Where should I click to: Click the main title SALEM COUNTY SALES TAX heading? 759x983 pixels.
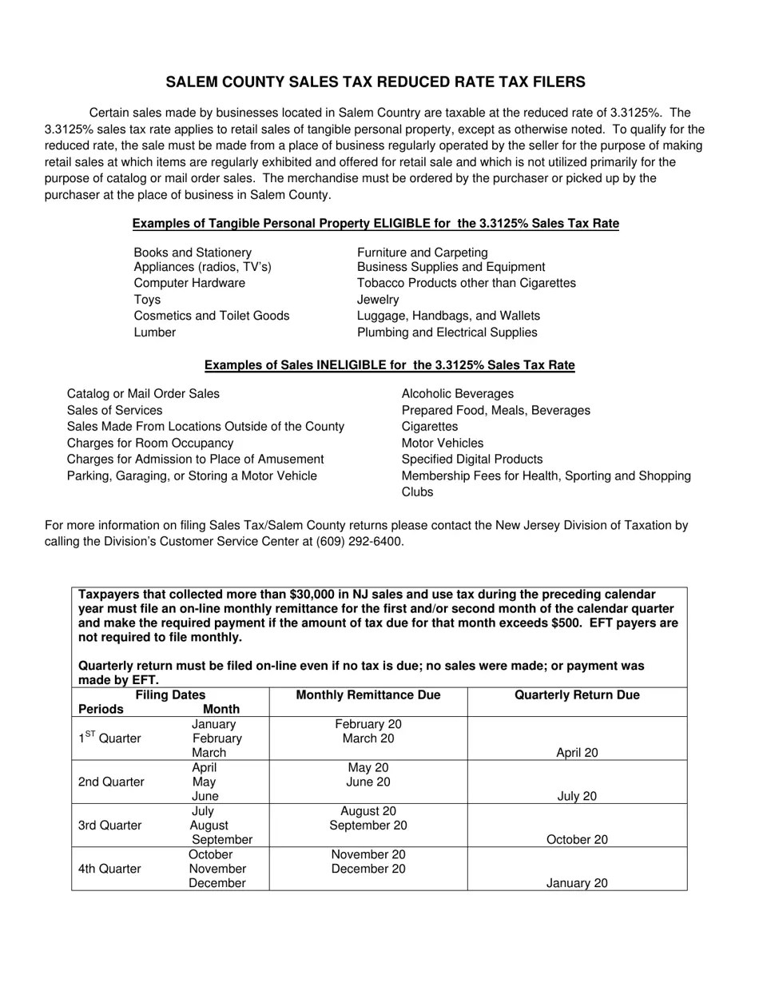click(x=376, y=82)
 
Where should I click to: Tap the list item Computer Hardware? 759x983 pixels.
click(x=189, y=284)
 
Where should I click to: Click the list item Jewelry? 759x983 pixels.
click(x=378, y=300)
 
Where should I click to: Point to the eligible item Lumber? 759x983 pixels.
click(x=155, y=332)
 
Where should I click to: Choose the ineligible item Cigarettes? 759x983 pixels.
click(x=430, y=427)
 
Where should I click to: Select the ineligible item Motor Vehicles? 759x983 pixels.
click(x=443, y=443)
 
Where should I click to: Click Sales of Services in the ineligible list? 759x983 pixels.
click(x=114, y=411)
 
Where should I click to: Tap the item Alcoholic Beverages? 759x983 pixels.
click(x=458, y=394)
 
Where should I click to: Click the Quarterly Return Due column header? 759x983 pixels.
click(x=577, y=695)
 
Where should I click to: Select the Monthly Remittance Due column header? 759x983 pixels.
click(x=368, y=695)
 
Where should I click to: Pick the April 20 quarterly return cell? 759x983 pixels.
click(x=577, y=753)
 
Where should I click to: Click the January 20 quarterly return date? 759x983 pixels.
click(x=577, y=884)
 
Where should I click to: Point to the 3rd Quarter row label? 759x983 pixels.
click(x=109, y=826)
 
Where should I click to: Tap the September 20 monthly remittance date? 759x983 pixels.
click(x=368, y=826)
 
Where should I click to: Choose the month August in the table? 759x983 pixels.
click(x=209, y=826)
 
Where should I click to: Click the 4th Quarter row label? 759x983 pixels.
click(x=109, y=869)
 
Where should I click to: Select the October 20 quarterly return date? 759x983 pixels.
click(x=577, y=840)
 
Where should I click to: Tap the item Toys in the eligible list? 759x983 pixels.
click(x=147, y=300)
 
